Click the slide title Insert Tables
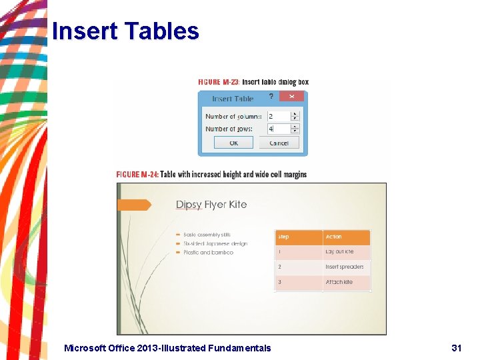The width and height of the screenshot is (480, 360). tap(125, 31)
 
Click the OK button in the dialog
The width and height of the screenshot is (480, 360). tap(233, 143)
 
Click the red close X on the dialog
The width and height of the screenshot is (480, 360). tap(291, 97)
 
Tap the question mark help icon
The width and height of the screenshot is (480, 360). tap(271, 97)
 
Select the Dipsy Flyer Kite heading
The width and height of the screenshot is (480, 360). tap(211, 205)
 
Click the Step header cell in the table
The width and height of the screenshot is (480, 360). tap(298, 237)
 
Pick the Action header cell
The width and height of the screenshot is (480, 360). tap(346, 237)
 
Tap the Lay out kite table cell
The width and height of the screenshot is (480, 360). tap(346, 252)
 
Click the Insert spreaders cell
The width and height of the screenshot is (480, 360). tap(346, 267)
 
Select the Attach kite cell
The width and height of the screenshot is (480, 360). tap(346, 283)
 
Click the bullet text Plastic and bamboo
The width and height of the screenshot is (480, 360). tap(208, 253)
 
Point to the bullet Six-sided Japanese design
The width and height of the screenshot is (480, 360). tap(215, 243)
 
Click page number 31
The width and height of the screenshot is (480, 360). tap(456, 348)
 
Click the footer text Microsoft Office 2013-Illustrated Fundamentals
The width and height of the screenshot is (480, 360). tap(167, 348)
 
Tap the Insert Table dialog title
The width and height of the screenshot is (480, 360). tap(233, 99)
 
